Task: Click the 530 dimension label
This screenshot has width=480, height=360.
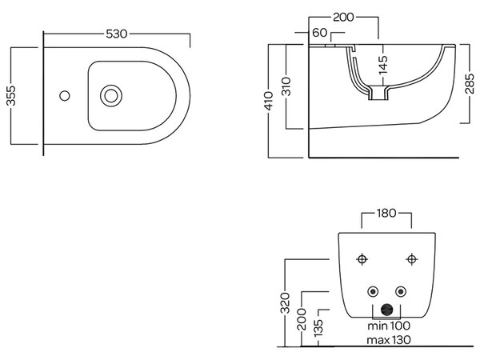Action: point(116,34)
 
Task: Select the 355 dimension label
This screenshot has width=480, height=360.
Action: point(11,95)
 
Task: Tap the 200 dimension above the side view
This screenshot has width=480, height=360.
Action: point(343,17)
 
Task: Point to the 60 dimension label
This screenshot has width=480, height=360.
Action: point(320,33)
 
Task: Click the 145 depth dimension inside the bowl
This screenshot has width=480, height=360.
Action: point(383,65)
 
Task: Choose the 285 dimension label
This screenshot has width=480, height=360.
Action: point(470,83)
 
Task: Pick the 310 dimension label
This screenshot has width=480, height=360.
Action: point(286,86)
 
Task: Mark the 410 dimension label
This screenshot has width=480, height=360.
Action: point(269,101)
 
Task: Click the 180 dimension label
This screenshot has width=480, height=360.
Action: point(386,213)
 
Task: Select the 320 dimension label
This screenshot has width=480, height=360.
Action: point(286,303)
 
